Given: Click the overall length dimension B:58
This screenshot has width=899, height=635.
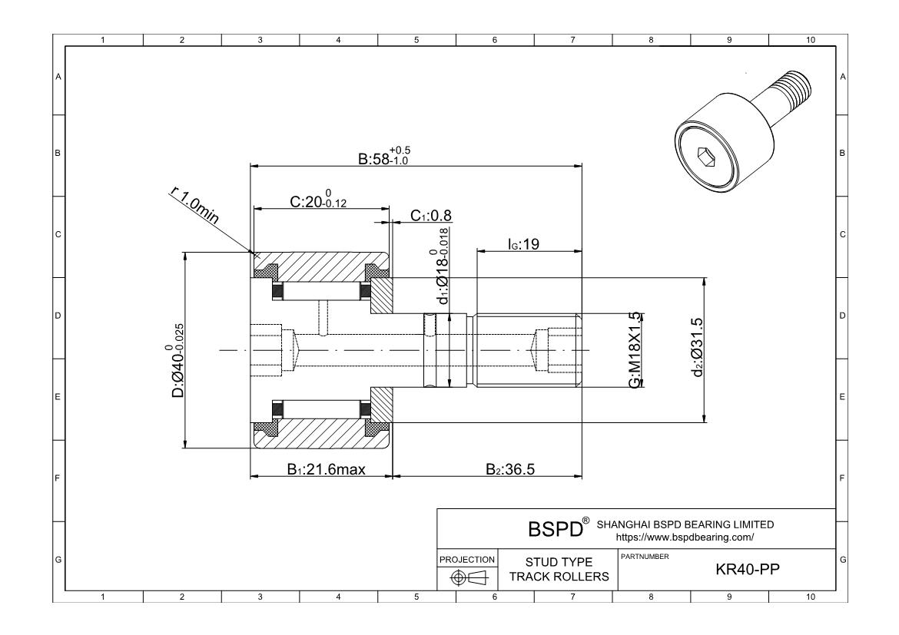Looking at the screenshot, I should click(384, 157).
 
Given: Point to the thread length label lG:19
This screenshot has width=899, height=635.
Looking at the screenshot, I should click(525, 243).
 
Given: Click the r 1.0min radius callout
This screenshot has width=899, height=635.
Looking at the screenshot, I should click(194, 206).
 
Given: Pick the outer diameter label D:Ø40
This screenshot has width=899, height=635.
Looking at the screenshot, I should click(177, 360).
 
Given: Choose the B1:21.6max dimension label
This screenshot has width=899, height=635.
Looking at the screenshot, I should click(326, 470).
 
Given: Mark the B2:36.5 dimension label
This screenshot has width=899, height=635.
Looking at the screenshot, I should click(510, 470).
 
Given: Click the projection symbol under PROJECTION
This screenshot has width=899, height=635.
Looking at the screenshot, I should click(466, 577).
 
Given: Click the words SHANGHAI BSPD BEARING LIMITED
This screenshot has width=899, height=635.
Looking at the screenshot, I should click(685, 524).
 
